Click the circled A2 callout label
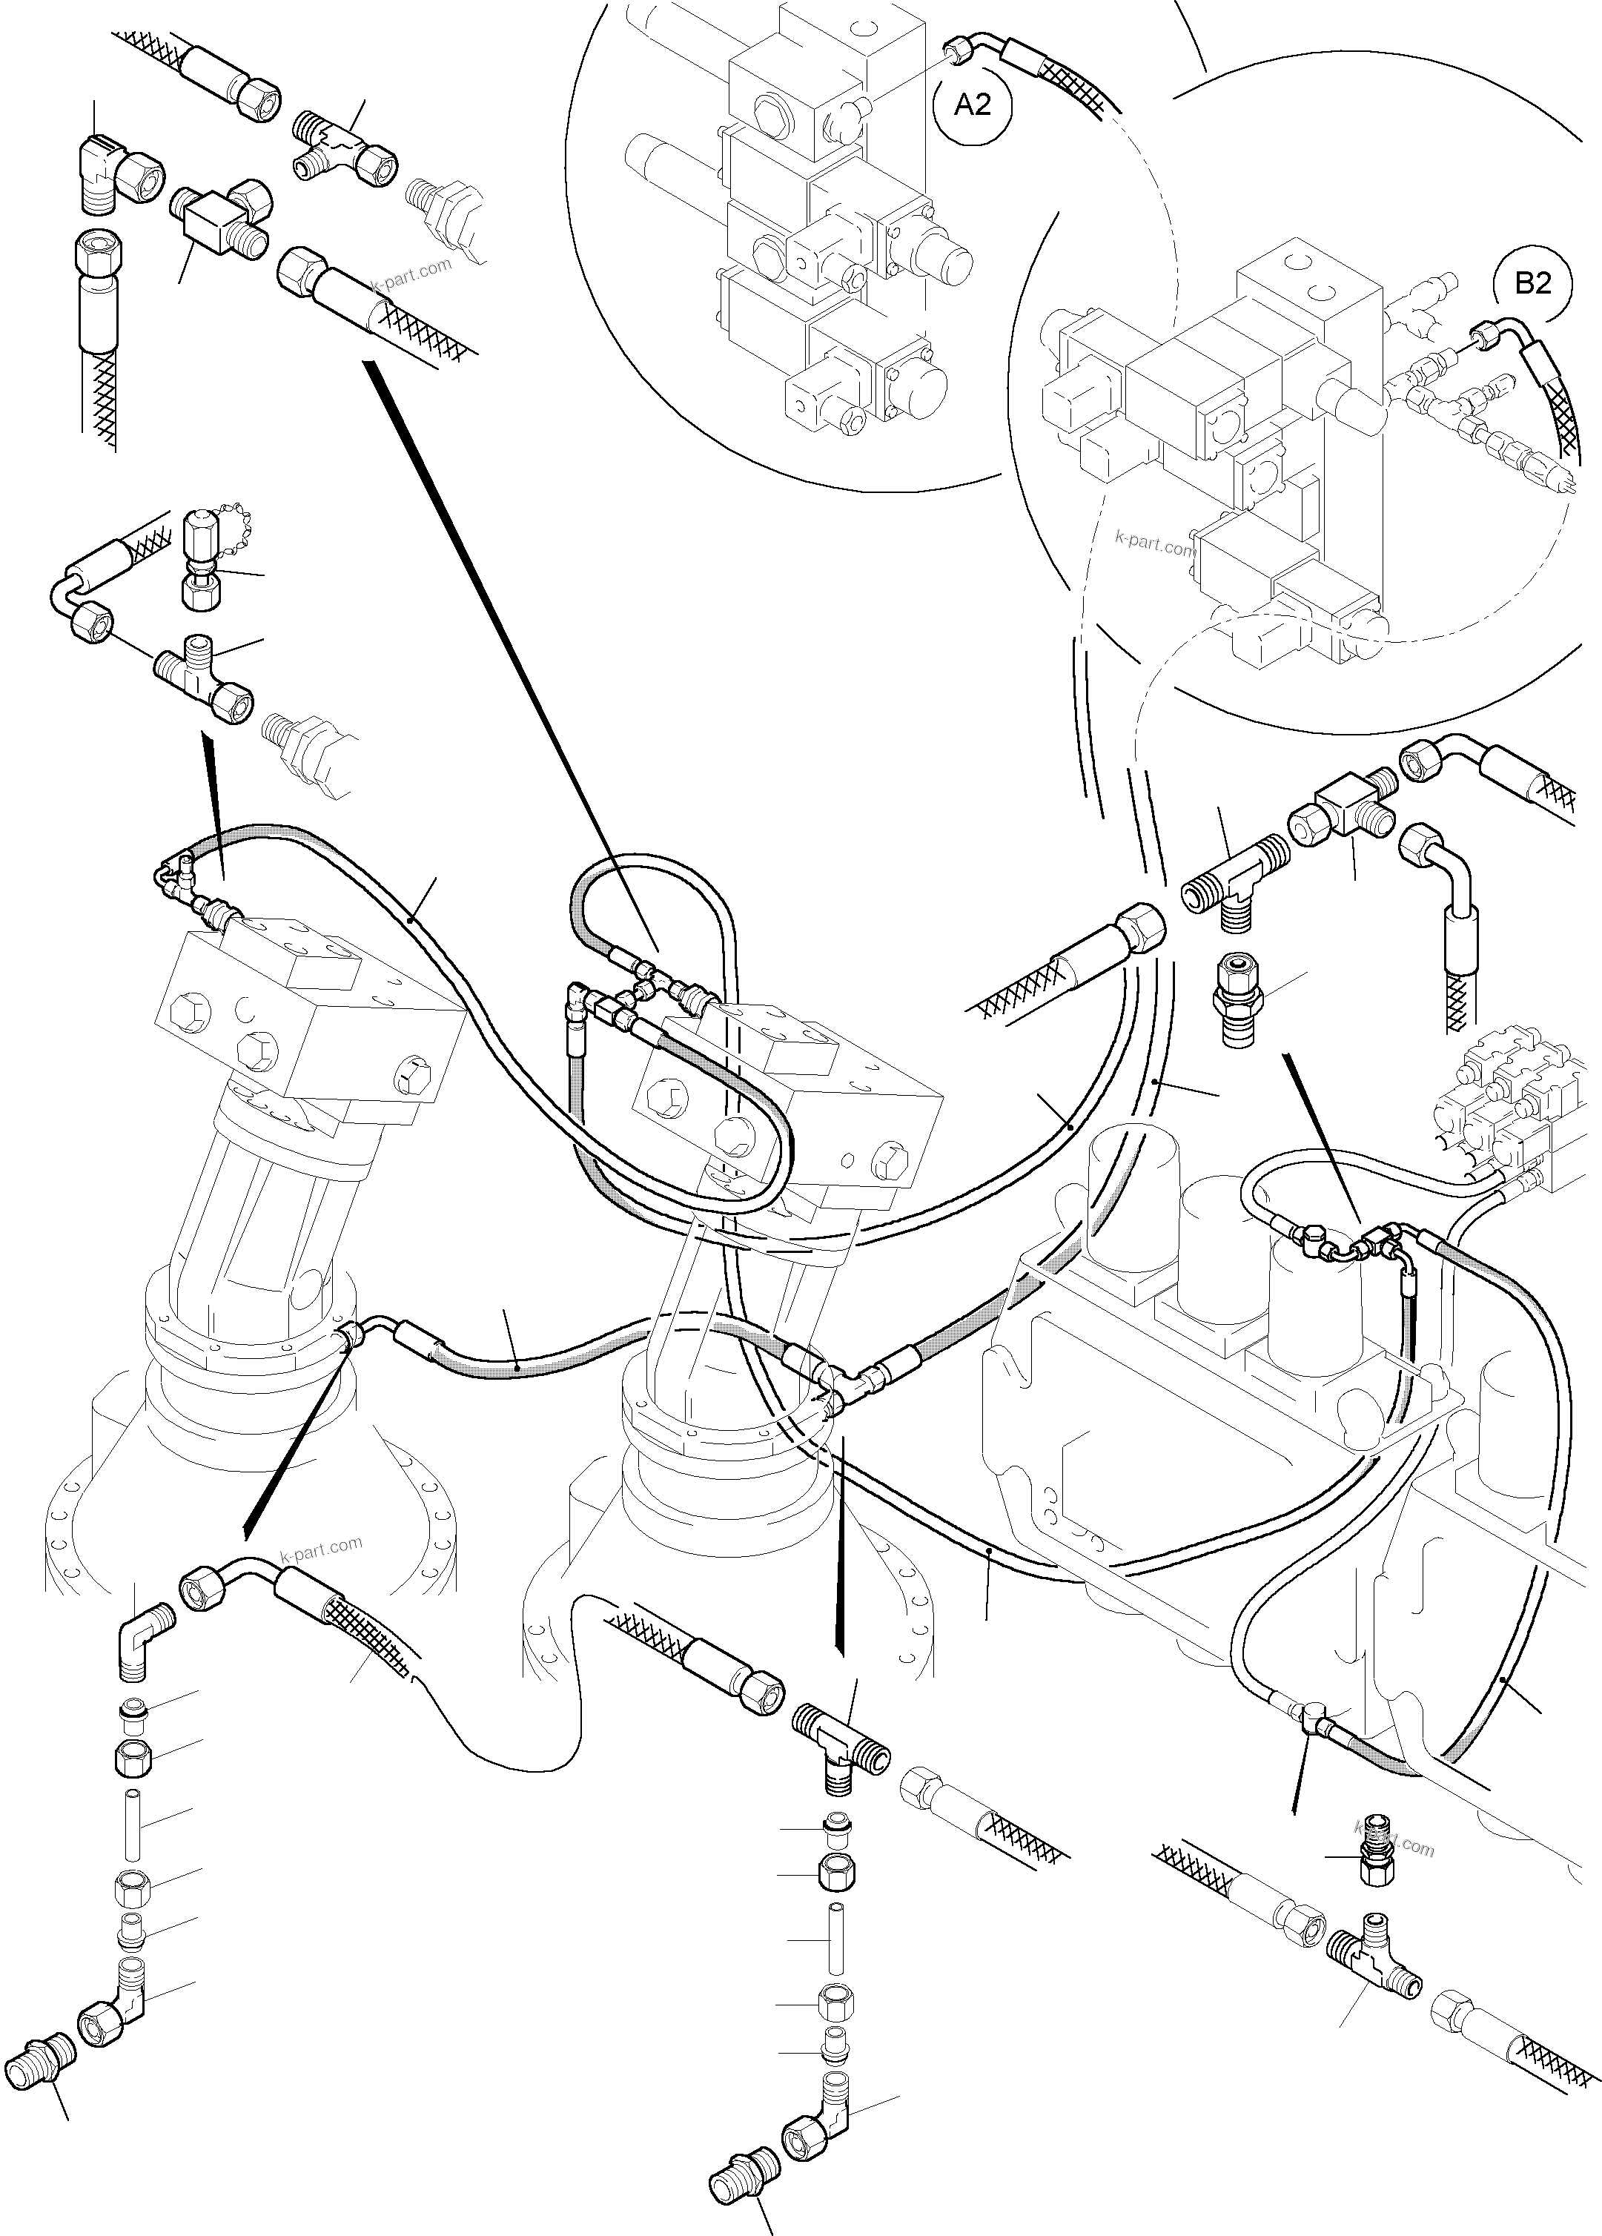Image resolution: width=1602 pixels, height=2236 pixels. click(x=973, y=104)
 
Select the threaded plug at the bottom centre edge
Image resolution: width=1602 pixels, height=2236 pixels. click(x=742, y=2169)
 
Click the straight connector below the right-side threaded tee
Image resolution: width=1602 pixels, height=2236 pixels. click(x=1234, y=998)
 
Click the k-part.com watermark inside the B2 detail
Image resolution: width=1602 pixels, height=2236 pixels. click(x=1153, y=542)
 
